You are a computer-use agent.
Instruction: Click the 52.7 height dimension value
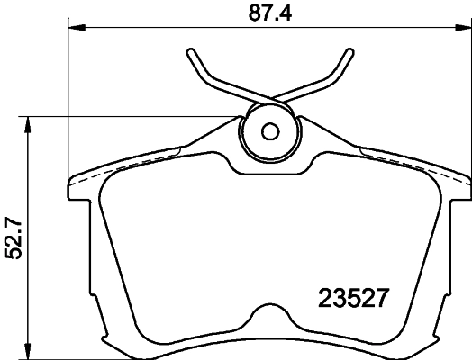14,236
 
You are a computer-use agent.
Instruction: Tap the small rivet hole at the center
269,130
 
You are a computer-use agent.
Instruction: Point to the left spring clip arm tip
191,51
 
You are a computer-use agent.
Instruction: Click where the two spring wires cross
269,96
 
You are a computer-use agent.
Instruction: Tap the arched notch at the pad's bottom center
268,319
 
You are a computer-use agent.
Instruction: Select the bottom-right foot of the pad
418,337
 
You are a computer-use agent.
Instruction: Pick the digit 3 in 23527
345,296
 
